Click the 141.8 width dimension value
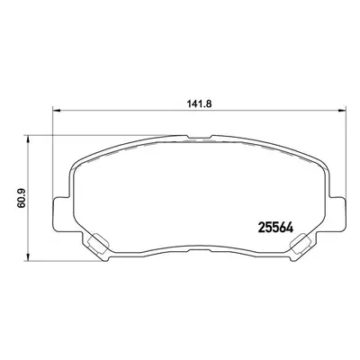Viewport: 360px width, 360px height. (200, 104)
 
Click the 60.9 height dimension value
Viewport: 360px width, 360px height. (22, 199)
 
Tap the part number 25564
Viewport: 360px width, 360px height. (275, 229)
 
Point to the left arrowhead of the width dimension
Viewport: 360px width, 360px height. (57, 111)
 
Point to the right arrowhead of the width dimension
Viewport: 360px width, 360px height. (342, 111)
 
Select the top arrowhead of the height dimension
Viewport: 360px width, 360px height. (28, 139)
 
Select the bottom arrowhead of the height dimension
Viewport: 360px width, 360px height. (28, 256)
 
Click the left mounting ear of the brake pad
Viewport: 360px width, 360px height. (62, 213)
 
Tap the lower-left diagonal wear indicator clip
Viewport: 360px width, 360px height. (97, 244)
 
